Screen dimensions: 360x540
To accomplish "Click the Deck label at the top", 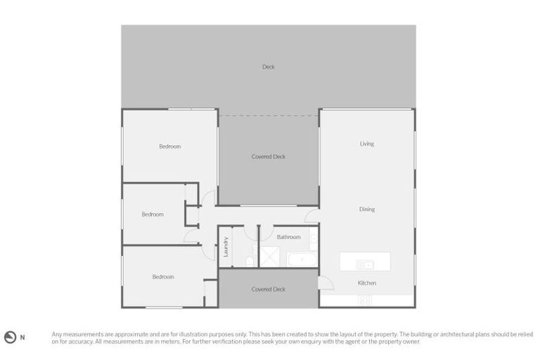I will pyautogui.click(x=269, y=67).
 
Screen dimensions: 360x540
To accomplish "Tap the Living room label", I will pyautogui.click(x=367, y=144).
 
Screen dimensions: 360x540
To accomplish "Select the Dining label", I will pyautogui.click(x=367, y=210).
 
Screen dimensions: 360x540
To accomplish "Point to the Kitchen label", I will pyautogui.click(x=367, y=283).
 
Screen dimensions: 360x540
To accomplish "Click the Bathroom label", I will pyautogui.click(x=288, y=237).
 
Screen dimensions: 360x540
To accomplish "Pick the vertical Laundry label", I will pyautogui.click(x=226, y=247).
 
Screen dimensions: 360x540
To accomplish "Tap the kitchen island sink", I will pyautogui.click(x=365, y=264).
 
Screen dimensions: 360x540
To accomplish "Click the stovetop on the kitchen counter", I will pyautogui.click(x=365, y=300).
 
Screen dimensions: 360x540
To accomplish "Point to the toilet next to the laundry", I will pyautogui.click(x=250, y=262).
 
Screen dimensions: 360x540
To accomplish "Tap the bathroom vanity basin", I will pyautogui.click(x=313, y=239).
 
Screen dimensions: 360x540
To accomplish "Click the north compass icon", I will pyautogui.click(x=10, y=337).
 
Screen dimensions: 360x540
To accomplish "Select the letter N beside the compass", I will pyautogui.click(x=22, y=337).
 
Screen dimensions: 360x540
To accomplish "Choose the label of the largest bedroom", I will pyautogui.click(x=169, y=146).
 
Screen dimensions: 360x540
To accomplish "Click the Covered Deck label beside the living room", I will pyautogui.click(x=269, y=157).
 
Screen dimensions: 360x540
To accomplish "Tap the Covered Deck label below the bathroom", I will pyautogui.click(x=269, y=290).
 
